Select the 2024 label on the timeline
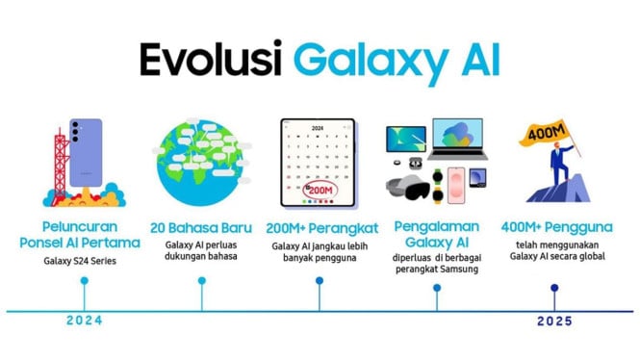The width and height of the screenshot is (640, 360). click(85, 321)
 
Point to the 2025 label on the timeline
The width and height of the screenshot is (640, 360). click(554, 321)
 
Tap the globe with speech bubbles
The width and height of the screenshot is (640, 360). click(203, 165)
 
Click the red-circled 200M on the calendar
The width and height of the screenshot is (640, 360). click(320, 191)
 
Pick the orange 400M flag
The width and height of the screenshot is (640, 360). click(547, 131)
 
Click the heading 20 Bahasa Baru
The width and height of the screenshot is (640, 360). click(202, 229)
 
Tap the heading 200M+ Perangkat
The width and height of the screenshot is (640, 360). click(320, 229)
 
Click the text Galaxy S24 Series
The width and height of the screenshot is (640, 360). click(85, 260)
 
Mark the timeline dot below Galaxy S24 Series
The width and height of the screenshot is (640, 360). click(85, 281)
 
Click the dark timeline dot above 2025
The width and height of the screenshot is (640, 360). click(554, 287)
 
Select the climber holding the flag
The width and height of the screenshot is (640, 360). click(568, 173)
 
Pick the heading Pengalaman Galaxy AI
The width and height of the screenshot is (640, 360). click(437, 237)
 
